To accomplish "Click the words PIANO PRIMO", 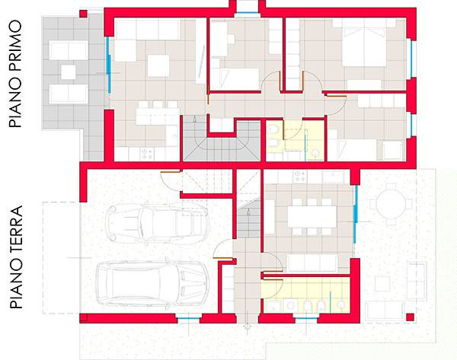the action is [16, 74].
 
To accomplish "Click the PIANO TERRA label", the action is [16, 257].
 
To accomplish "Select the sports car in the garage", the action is [157, 223].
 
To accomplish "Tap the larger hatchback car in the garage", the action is [152, 283].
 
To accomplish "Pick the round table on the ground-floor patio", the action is [391, 204].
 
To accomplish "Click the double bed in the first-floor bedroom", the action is [364, 47].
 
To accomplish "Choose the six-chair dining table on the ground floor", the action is [312, 217].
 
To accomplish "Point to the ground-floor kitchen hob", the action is [300, 176].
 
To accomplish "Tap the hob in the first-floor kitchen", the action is [147, 154].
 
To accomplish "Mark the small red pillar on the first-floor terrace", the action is [83, 14].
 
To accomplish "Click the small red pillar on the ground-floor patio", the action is [410, 317].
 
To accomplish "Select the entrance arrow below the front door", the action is [247, 327].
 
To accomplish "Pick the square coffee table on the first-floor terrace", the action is [69, 72].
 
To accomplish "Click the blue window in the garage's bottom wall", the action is [189, 319].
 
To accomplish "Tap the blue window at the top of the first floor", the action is [247, 13].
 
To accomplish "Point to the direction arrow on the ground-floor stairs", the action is [248, 212].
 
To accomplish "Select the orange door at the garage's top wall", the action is [170, 173].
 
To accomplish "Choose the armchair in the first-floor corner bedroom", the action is [392, 149].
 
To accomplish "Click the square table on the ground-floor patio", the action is [382, 284].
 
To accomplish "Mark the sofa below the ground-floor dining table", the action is [312, 263].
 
